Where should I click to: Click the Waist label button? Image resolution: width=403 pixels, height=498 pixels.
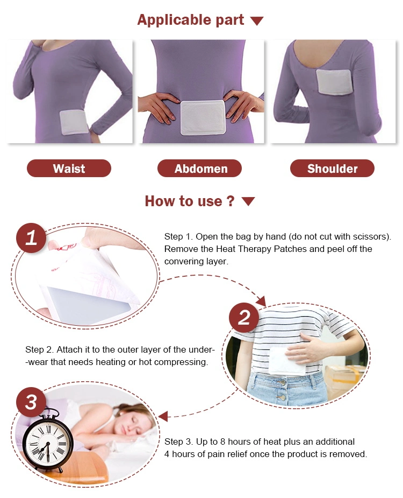(69, 169)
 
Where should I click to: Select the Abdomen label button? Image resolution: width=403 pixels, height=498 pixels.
(199, 169)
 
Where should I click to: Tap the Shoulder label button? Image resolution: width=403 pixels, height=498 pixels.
(332, 169)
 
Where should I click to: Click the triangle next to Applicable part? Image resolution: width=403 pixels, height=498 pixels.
(257, 21)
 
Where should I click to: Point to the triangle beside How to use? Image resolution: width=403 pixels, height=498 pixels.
(248, 201)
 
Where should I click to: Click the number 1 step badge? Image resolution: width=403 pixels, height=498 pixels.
(31, 238)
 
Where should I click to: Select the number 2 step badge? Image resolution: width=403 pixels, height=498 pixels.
(244, 318)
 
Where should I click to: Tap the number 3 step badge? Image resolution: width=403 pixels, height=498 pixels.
(31, 402)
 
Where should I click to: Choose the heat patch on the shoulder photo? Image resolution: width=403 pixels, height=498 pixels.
(334, 82)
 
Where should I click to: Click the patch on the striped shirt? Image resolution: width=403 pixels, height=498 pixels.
(286, 361)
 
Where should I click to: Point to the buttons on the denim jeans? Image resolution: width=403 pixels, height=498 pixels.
(282, 390)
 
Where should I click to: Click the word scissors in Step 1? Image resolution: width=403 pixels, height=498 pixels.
(372, 236)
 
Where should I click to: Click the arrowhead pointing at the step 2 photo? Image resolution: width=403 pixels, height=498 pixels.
(261, 301)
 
